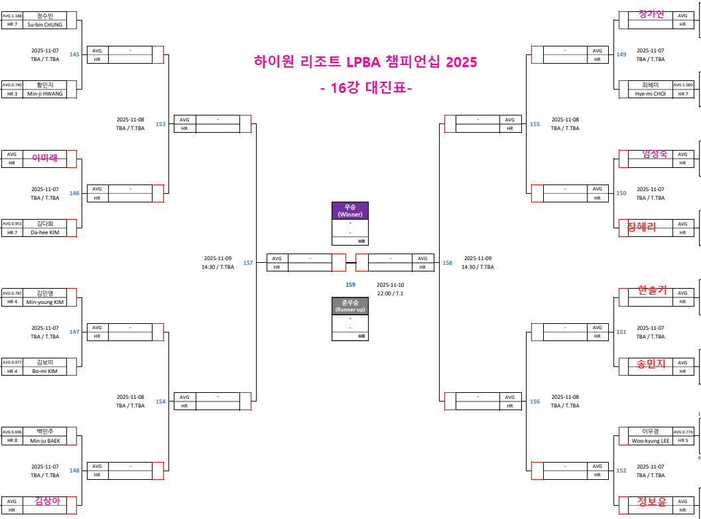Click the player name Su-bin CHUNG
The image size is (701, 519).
pyautogui.click(x=44, y=25)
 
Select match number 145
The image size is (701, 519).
pyautogui.click(x=74, y=54)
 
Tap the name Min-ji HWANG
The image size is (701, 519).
pyautogui.click(x=44, y=94)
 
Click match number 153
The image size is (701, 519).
pyautogui.click(x=160, y=124)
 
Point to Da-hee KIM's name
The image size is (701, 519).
pyautogui.click(x=44, y=232)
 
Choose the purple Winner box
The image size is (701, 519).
pyautogui.click(x=350, y=211)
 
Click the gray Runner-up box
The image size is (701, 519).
pyautogui.click(x=350, y=306)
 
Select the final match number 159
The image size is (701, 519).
pyautogui.click(x=350, y=285)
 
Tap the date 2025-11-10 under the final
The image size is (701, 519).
pyautogui.click(x=391, y=285)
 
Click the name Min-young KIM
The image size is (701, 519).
pyautogui.click(x=44, y=302)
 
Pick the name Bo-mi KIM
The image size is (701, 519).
pyautogui.click(x=44, y=371)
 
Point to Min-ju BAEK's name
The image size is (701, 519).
pyautogui.click(x=44, y=441)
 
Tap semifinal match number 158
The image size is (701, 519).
pyautogui.click(x=448, y=263)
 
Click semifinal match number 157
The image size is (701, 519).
pyautogui.click(x=248, y=263)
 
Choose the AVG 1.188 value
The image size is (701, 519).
pyautogui.click(x=12, y=15)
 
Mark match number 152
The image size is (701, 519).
pyautogui.click(x=621, y=471)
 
